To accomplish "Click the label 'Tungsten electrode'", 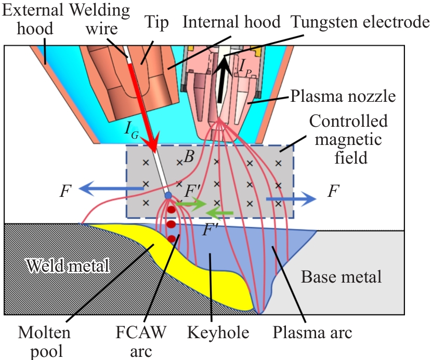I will (x=360, y=22).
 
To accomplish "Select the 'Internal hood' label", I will (x=232, y=22).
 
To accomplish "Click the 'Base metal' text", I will (x=341, y=276).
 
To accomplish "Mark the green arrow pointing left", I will (x=218, y=212).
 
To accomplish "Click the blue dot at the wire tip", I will (x=168, y=196).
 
